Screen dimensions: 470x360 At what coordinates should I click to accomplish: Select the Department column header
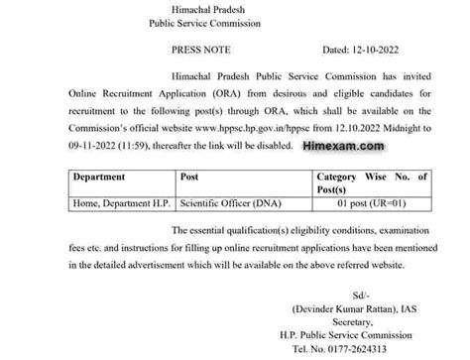105,177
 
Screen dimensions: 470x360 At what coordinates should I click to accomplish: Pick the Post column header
190,177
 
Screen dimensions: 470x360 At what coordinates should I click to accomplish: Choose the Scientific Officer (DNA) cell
227,205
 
